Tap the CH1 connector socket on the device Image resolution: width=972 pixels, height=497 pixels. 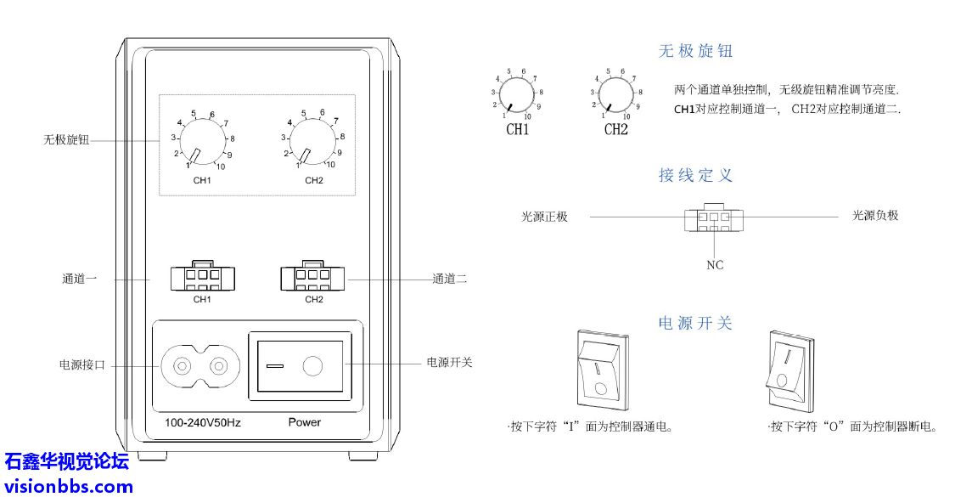click(x=202, y=277)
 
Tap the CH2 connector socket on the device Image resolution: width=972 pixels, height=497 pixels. click(x=313, y=277)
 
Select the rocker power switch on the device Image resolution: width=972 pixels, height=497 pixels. click(x=299, y=366)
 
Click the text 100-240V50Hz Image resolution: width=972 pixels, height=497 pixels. click(x=202, y=422)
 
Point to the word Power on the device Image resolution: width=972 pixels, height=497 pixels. click(x=305, y=422)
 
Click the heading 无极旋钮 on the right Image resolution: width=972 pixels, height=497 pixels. click(x=695, y=51)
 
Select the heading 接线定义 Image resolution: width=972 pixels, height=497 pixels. click(x=695, y=176)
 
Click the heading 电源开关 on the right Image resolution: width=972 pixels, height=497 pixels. click(x=695, y=324)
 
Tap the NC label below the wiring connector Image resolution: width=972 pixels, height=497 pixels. click(x=715, y=265)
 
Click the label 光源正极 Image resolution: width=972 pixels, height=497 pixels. click(x=544, y=217)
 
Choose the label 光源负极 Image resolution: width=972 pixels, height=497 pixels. click(x=875, y=216)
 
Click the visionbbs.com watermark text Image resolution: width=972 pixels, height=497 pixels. click(x=68, y=487)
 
